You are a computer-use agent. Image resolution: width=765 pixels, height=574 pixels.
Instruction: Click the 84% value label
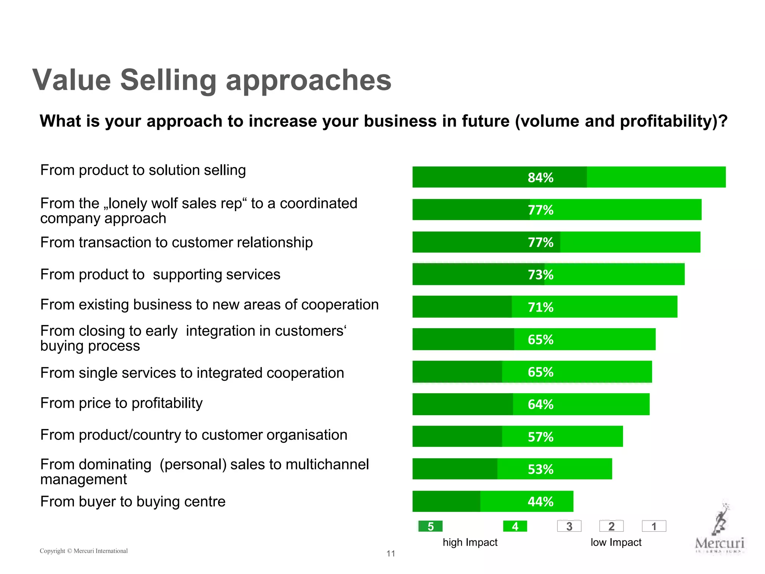(540, 178)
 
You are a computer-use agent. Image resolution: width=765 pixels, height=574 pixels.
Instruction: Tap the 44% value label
(540, 502)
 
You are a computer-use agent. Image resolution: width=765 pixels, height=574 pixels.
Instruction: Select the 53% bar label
(540, 469)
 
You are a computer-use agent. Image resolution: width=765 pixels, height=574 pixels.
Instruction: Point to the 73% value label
(540, 275)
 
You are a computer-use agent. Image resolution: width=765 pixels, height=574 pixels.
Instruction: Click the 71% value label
(540, 307)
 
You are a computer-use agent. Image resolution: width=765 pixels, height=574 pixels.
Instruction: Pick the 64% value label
(540, 404)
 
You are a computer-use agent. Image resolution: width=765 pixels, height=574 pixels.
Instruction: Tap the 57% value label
(540, 437)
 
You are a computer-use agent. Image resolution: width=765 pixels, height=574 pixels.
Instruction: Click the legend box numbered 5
(430, 526)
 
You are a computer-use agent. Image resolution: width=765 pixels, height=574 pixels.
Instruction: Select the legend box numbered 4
(515, 526)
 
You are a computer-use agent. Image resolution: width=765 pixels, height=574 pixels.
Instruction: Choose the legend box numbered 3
(569, 526)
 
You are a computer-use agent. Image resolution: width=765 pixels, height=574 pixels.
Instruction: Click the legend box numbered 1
(654, 526)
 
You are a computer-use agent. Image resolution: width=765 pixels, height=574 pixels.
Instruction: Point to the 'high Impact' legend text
(470, 542)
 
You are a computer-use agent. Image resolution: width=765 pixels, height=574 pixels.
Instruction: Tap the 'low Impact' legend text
(616, 542)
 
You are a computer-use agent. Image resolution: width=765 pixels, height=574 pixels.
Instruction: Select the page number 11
(391, 553)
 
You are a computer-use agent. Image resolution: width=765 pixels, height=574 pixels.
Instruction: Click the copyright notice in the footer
(84, 551)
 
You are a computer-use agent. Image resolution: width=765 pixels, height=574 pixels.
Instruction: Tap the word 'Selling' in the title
(168, 80)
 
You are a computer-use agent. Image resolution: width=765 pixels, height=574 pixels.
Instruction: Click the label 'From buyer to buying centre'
(133, 502)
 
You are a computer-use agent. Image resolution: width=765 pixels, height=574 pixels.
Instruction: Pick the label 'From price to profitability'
(121, 403)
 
